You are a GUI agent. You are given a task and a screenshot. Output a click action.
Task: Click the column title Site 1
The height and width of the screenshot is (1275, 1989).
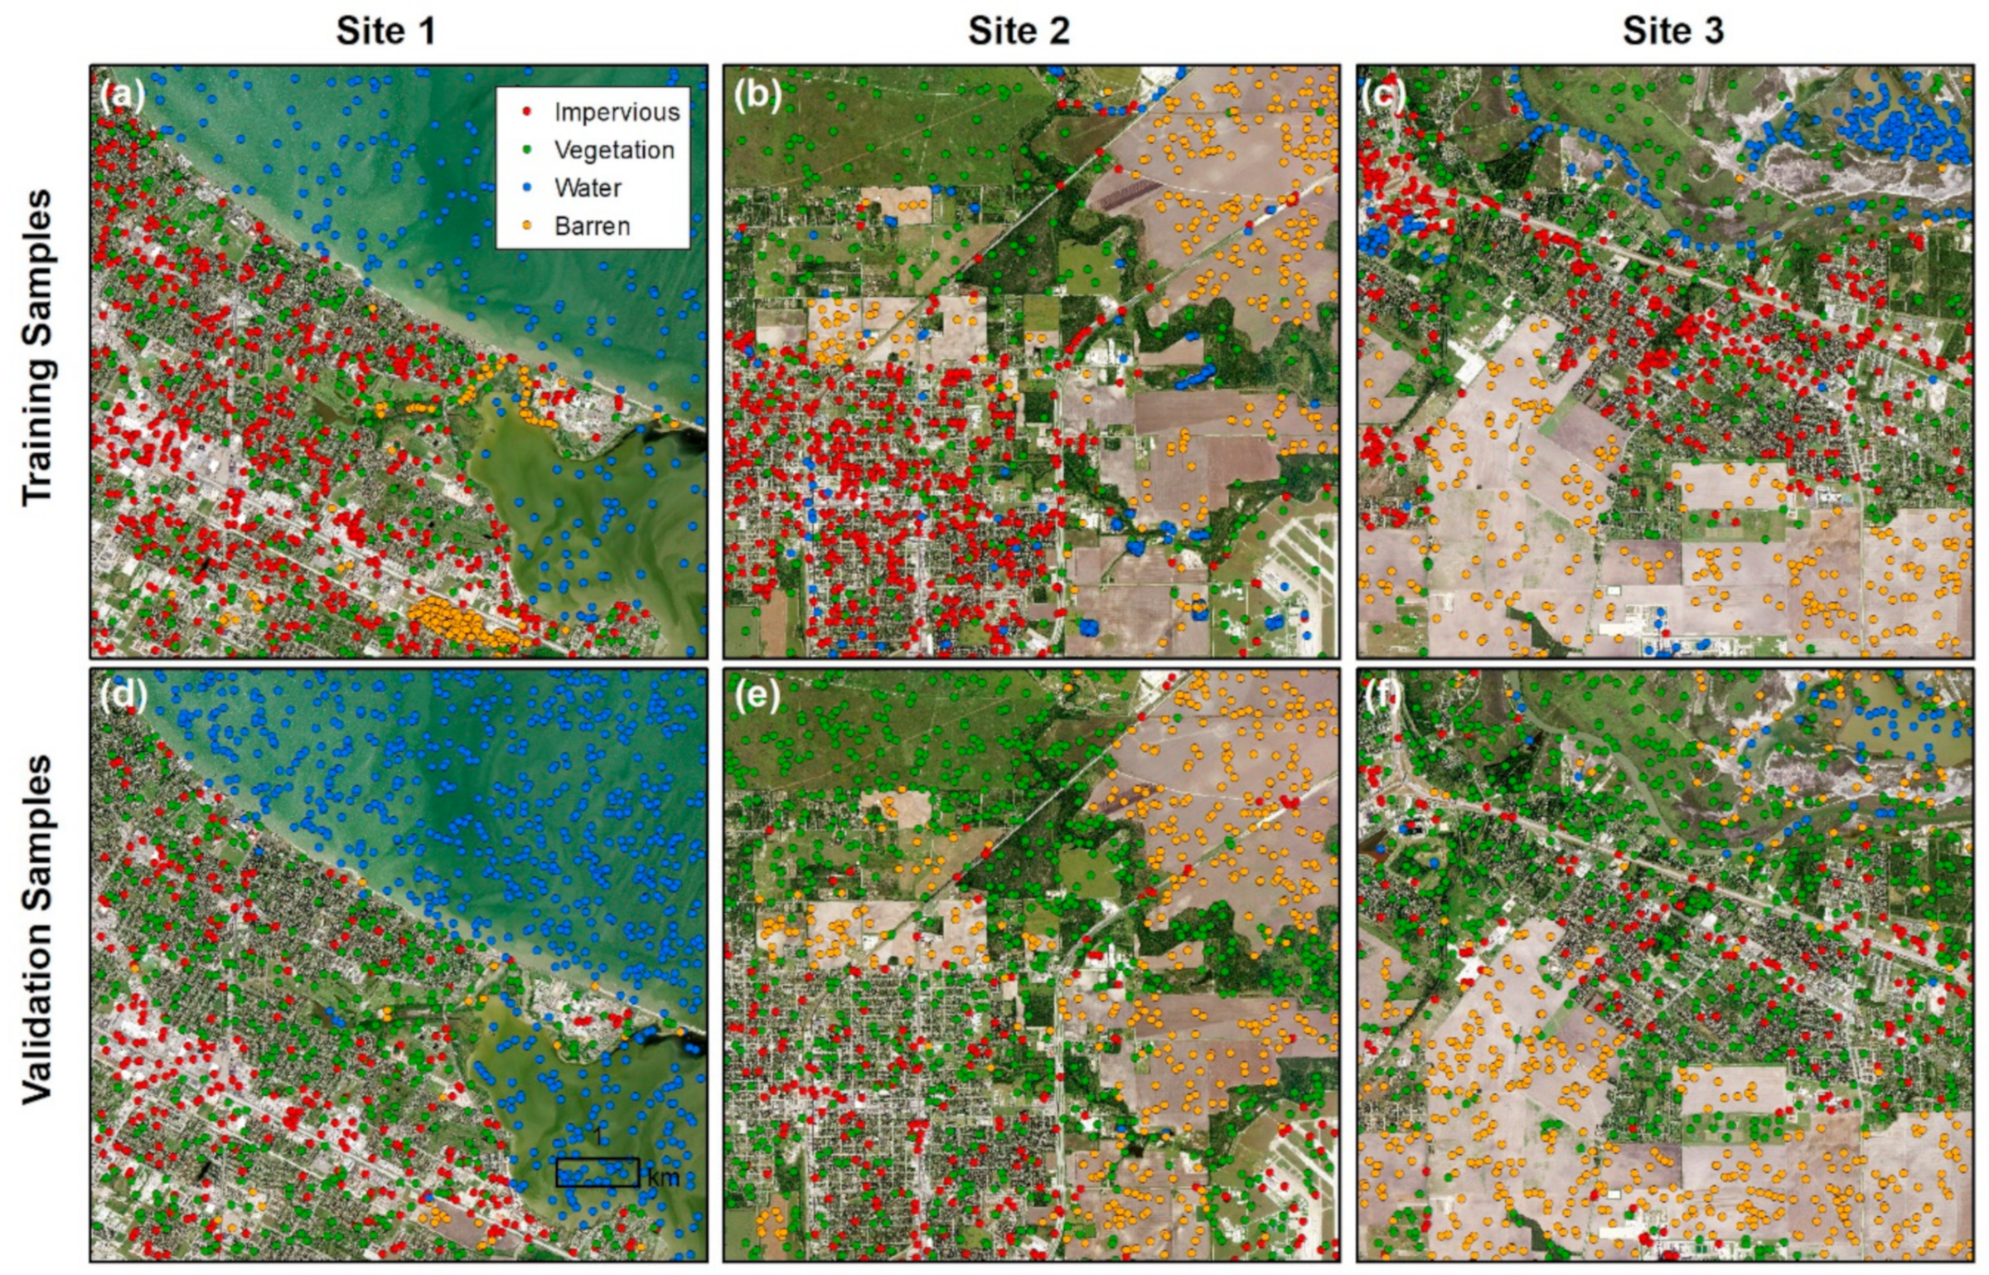pyautogui.click(x=385, y=32)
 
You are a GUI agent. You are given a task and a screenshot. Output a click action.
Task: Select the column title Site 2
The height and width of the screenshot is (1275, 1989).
pyautogui.click(x=1019, y=32)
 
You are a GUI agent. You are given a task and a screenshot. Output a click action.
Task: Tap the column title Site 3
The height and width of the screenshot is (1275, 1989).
pyautogui.click(x=1673, y=32)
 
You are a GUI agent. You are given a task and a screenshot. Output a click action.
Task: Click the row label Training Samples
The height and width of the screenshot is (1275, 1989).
pyautogui.click(x=37, y=347)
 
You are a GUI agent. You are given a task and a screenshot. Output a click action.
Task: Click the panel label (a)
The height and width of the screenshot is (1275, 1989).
pyautogui.click(x=122, y=96)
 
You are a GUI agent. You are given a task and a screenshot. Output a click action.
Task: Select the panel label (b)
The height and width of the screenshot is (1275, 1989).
pyautogui.click(x=757, y=96)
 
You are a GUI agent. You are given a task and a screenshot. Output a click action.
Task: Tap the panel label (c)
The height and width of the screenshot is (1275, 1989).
pyautogui.click(x=1385, y=96)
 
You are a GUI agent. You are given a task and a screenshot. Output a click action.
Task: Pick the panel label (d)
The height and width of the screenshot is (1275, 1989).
pyautogui.click(x=122, y=697)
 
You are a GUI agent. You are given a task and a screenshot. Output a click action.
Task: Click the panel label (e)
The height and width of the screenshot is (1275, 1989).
pyautogui.click(x=757, y=697)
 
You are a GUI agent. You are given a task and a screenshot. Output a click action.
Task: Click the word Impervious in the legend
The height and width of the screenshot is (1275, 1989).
pyautogui.click(x=617, y=112)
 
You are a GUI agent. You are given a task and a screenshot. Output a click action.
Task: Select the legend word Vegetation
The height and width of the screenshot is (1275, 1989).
pyautogui.click(x=614, y=150)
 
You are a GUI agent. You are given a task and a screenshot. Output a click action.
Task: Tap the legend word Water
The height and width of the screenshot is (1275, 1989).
pyautogui.click(x=588, y=188)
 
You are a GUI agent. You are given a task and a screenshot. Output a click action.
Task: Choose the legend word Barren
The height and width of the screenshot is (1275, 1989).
pyautogui.click(x=592, y=226)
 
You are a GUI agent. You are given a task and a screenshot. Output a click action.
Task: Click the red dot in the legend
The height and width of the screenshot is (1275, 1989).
pyautogui.click(x=528, y=112)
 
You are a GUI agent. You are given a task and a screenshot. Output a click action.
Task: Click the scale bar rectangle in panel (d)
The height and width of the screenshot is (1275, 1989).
pyautogui.click(x=598, y=1172)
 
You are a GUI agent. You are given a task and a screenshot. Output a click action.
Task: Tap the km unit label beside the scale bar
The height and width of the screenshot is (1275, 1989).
pyautogui.click(x=663, y=1177)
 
